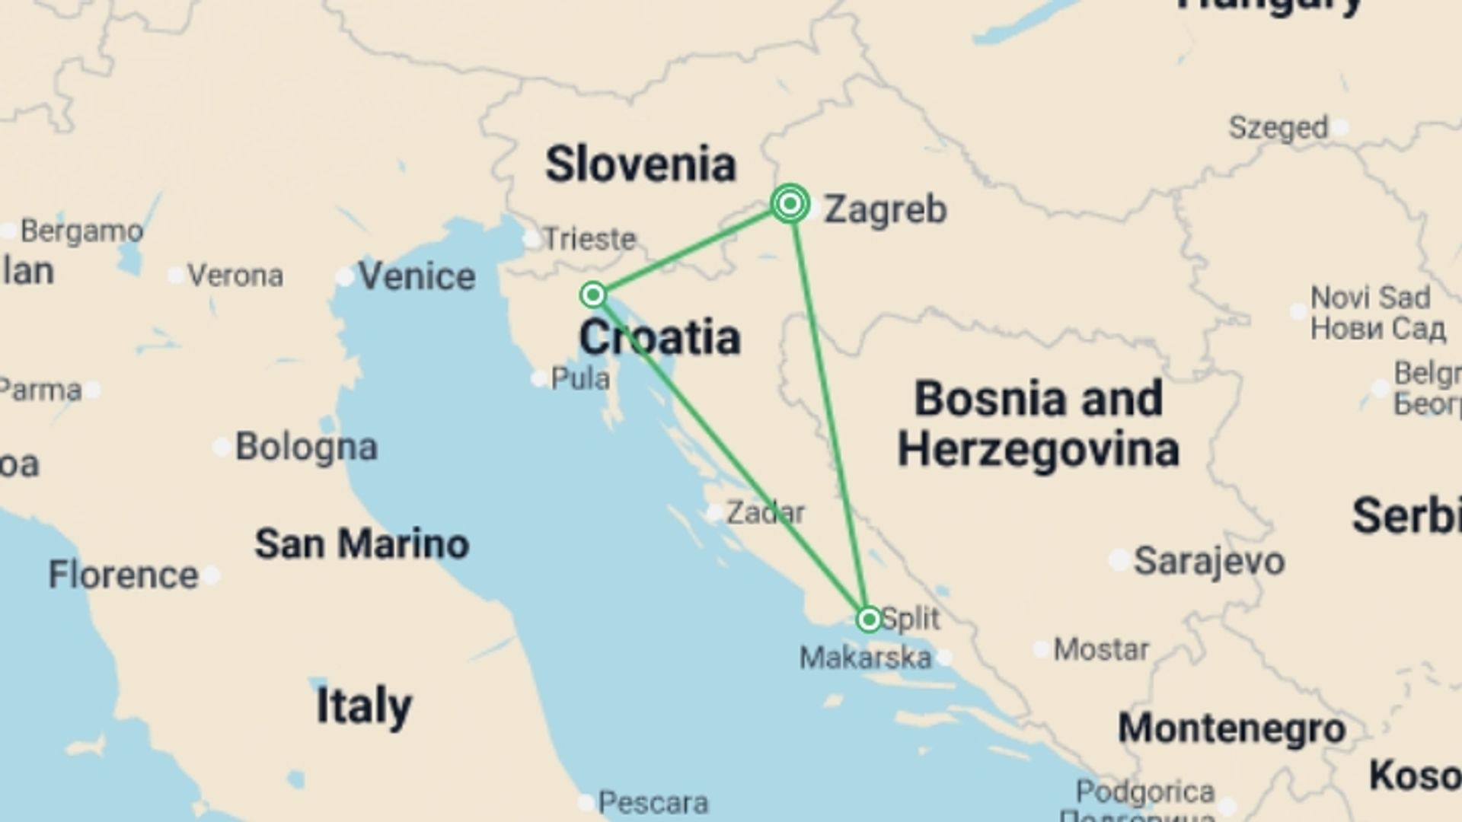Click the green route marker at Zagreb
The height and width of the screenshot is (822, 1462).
pos(790,204)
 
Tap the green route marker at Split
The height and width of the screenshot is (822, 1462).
pos(869,620)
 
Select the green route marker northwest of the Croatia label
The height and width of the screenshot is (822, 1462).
pos(593,295)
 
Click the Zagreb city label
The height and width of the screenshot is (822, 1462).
pos(885,209)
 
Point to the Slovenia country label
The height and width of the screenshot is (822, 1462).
pos(640,164)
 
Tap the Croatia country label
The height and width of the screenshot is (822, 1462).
pos(659,337)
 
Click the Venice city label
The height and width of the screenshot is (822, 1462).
pos(417,276)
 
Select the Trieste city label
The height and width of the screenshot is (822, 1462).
pos(589,239)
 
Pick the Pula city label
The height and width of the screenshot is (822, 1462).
pos(579,378)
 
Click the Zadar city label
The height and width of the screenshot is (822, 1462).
pos(765,512)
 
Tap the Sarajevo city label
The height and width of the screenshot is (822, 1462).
pos(1208,562)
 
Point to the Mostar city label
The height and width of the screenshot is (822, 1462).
pos(1100,649)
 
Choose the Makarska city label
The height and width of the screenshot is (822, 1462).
pos(865,657)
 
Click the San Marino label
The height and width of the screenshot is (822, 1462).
pos(362,544)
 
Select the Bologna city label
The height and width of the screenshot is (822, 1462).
pos(306,447)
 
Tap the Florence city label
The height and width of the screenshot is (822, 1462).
pos(123,575)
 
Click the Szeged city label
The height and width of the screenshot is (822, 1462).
pos(1278,128)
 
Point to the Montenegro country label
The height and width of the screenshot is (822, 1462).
pos(1231,728)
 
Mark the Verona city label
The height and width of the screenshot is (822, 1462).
pos(235,276)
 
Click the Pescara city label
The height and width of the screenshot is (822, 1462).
pos(653,802)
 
